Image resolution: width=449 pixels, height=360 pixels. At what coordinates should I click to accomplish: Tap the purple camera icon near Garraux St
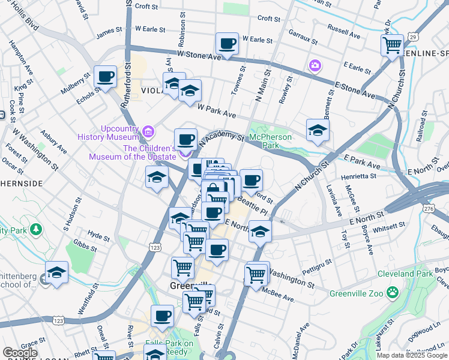[315, 65]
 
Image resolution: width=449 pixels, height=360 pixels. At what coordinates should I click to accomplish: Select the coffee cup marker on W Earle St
[227, 44]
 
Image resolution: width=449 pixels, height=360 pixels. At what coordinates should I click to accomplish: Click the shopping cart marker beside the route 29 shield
[392, 44]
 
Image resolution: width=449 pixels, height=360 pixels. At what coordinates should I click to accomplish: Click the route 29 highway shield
[412, 37]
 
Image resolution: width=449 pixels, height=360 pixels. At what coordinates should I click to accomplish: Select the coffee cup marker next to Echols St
[105, 77]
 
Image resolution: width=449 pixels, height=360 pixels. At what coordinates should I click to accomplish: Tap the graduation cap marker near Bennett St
[318, 130]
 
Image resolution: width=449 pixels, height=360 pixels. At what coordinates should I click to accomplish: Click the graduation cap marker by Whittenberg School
[56, 272]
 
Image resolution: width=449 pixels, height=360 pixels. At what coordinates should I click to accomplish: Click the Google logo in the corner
[20, 353]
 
